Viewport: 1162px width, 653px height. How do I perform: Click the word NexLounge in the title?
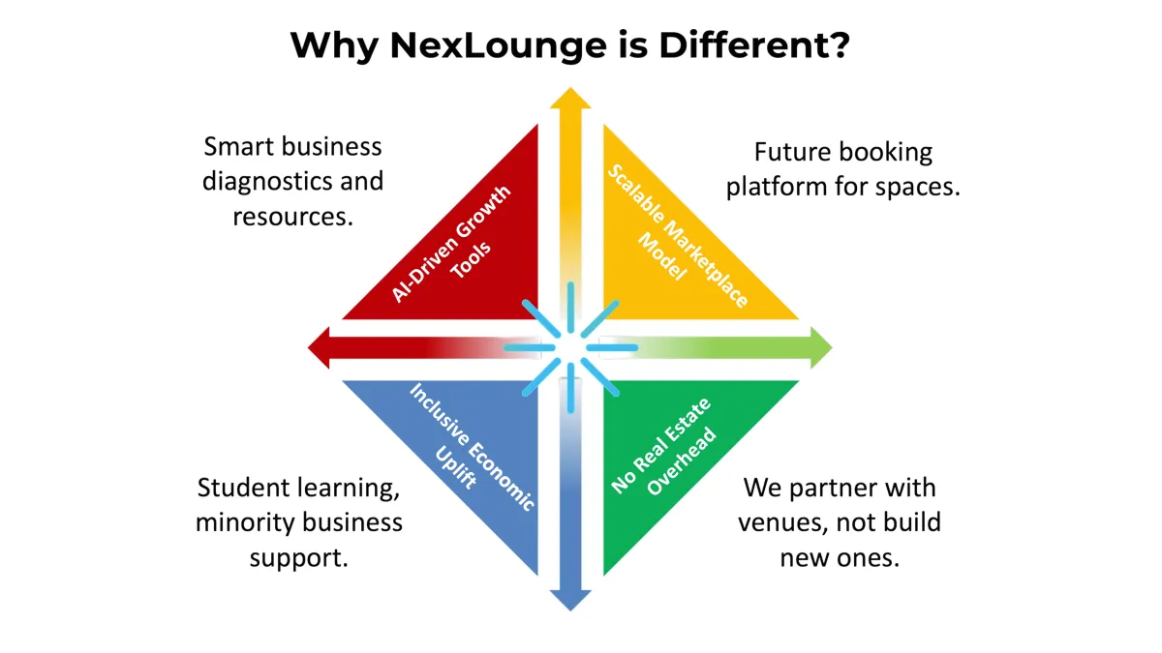pyautogui.click(x=498, y=46)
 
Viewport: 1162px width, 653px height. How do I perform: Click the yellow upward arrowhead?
pyautogui.click(x=570, y=98)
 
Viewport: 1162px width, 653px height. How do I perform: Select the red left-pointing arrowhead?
pyautogui.click(x=319, y=347)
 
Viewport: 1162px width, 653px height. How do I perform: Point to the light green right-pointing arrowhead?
pyautogui.click(x=822, y=347)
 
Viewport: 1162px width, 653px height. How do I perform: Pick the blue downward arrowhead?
pyautogui.click(x=570, y=600)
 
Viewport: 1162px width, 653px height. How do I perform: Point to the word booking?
pyautogui.click(x=885, y=154)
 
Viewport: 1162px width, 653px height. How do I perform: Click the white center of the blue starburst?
pyautogui.click(x=570, y=347)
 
